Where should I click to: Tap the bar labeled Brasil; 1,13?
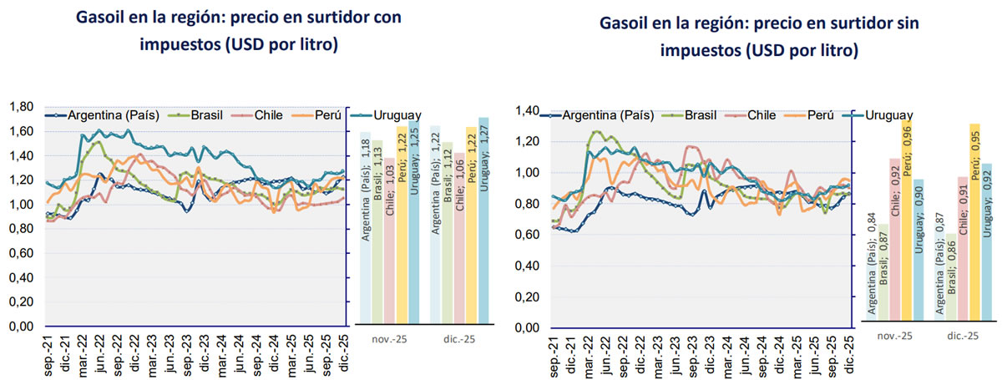tap(377, 232)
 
